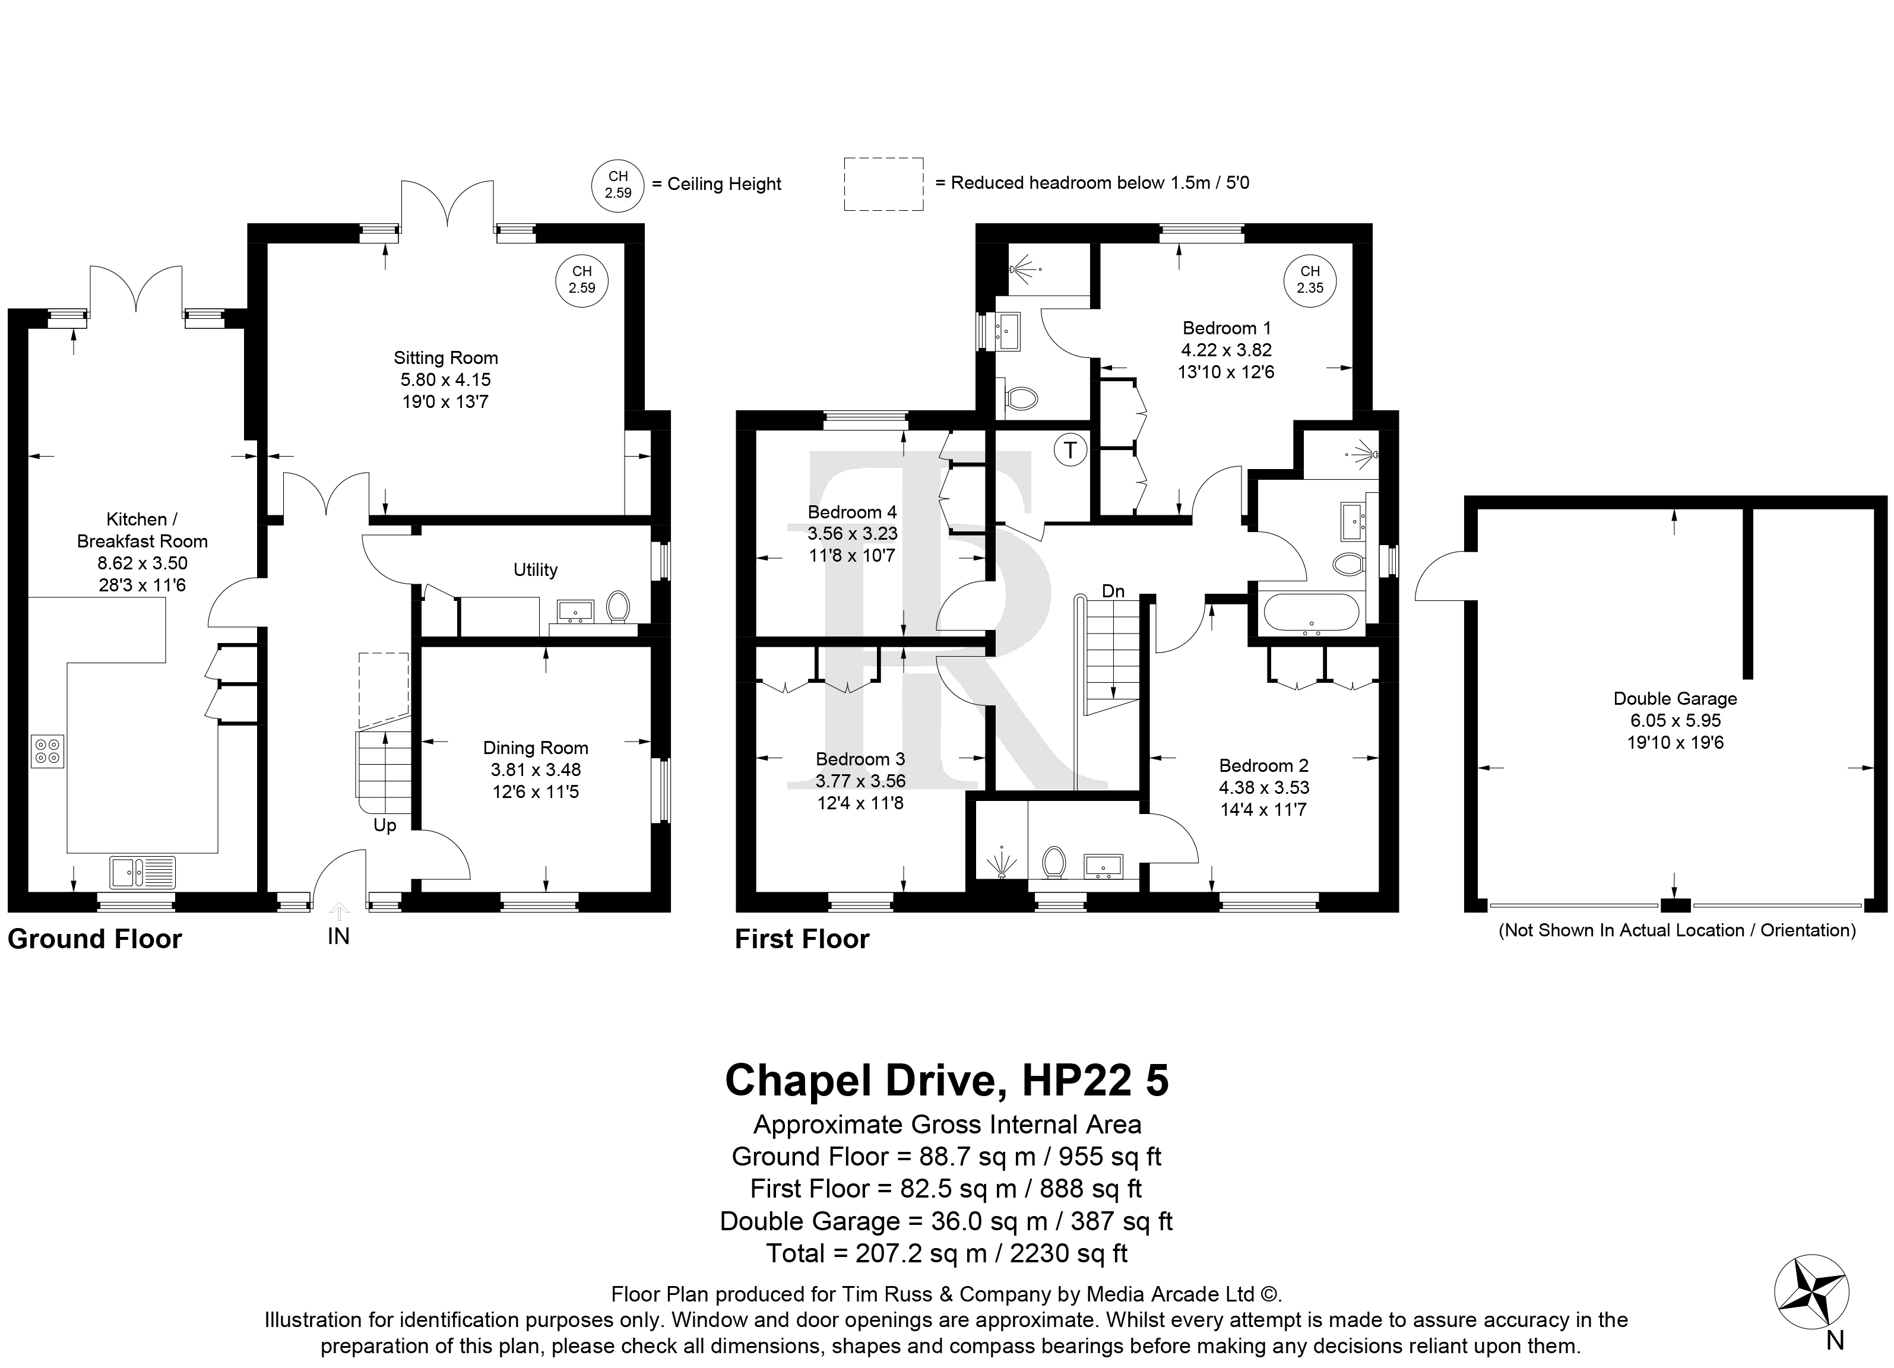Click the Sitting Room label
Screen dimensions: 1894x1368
click(x=446, y=358)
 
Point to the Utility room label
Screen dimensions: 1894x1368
click(x=536, y=569)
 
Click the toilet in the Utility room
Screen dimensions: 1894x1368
click(x=618, y=607)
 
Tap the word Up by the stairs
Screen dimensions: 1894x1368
click(x=385, y=826)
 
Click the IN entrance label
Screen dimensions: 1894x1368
click(x=338, y=937)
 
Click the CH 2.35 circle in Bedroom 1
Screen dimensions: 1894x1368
click(x=1310, y=280)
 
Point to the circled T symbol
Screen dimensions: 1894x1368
click(x=1070, y=451)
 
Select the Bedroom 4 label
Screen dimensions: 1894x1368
click(x=852, y=512)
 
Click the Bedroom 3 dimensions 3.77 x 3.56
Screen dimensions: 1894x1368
click(x=861, y=781)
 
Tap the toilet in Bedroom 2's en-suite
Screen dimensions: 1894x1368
click(x=1054, y=863)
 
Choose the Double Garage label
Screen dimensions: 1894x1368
click(x=1675, y=699)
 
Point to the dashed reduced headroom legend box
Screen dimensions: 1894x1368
click(x=883, y=183)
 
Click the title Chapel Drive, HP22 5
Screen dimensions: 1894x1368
click(x=947, y=1080)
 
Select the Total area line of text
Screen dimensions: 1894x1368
click(x=947, y=1253)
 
